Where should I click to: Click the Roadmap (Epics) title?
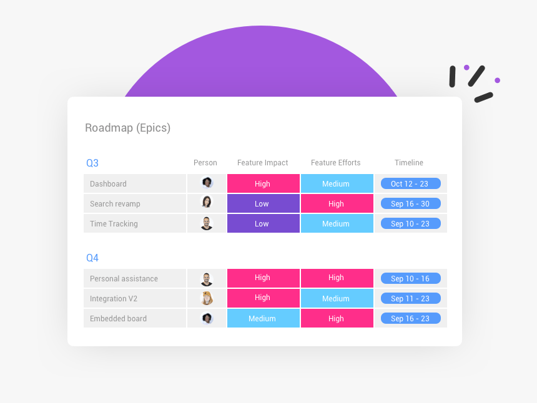click(127, 128)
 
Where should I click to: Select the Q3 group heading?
click(92, 163)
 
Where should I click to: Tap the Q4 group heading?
click(92, 258)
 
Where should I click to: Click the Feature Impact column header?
click(262, 163)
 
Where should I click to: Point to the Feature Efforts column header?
click(335, 163)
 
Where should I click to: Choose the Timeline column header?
click(409, 163)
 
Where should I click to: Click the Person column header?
click(205, 163)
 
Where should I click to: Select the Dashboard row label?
click(108, 184)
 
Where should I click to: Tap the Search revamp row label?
click(115, 204)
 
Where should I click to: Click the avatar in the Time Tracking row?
click(207, 223)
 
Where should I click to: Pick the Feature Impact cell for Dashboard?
click(263, 184)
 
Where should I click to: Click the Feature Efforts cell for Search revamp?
click(337, 204)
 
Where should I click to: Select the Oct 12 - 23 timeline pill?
click(410, 183)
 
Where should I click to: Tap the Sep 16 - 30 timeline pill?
click(410, 203)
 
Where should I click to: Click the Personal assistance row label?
click(124, 279)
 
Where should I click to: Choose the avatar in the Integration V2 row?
click(207, 298)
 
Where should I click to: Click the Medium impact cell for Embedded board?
click(263, 319)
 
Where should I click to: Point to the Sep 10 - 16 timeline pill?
click(410, 278)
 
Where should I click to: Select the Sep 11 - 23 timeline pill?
click(410, 298)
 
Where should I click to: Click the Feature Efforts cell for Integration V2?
click(337, 299)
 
